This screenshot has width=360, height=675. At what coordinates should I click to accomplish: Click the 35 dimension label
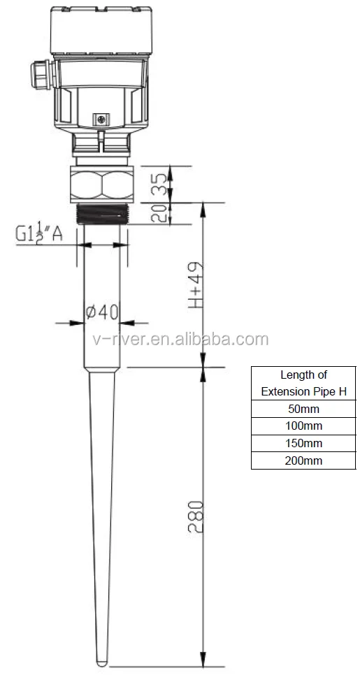pyautogui.click(x=159, y=184)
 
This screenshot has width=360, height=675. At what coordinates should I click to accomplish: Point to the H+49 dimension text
pyautogui.click(x=197, y=286)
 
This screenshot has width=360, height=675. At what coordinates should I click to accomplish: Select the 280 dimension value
pyautogui.click(x=197, y=517)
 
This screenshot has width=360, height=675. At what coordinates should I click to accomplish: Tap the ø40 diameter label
pyautogui.click(x=102, y=312)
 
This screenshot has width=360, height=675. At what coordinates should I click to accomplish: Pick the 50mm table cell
pyautogui.click(x=305, y=408)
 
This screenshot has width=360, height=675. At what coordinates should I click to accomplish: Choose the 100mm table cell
pyautogui.click(x=305, y=426)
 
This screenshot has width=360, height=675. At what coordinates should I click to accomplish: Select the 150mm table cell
pyautogui.click(x=305, y=443)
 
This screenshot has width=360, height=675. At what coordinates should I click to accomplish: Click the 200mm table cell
pyautogui.click(x=305, y=460)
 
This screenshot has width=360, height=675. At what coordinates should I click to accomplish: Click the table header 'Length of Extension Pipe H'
pyautogui.click(x=305, y=383)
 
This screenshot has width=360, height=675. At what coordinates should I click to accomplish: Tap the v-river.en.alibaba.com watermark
pyautogui.click(x=180, y=340)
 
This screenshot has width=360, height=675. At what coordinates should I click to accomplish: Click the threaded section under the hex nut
pyautogui.click(x=102, y=212)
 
